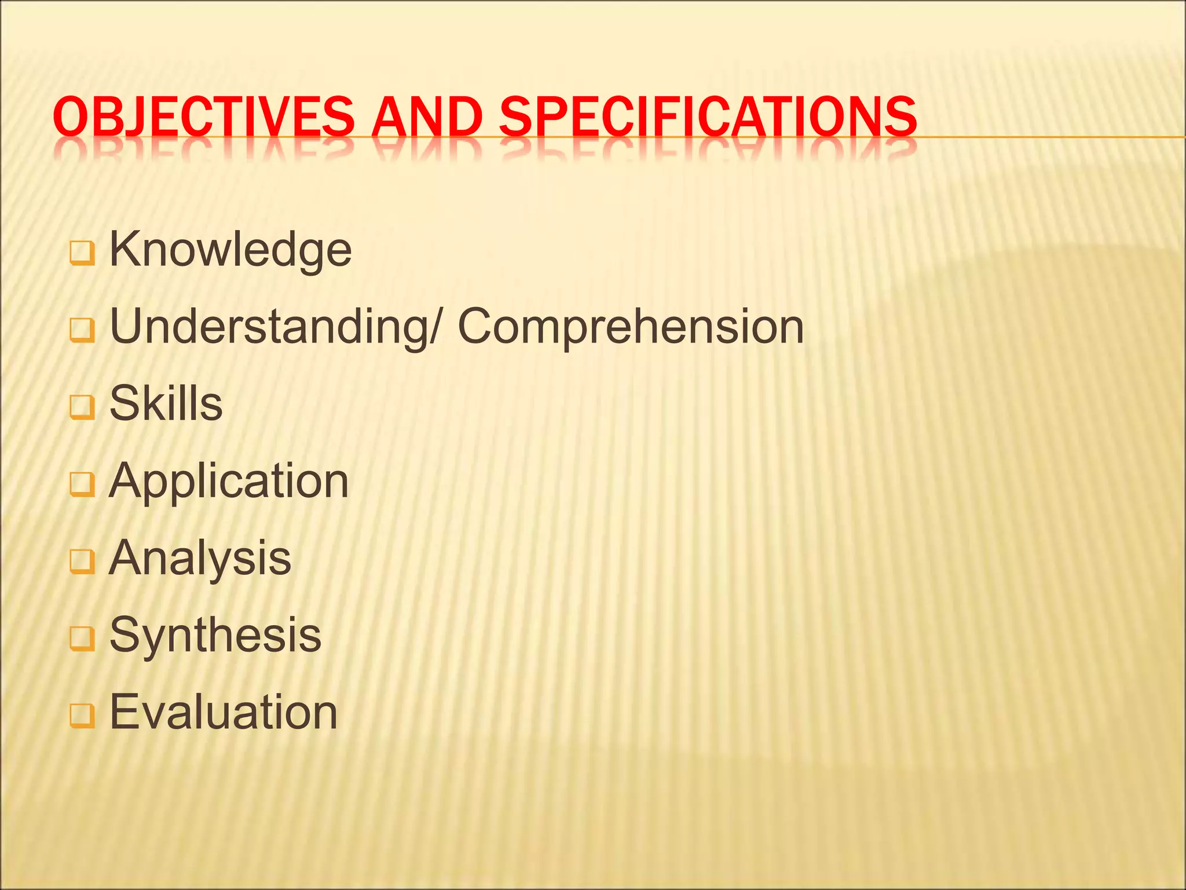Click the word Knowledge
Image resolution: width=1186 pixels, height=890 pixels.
point(230,250)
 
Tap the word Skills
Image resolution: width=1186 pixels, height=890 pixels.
point(166,403)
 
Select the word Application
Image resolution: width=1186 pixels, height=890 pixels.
point(229,481)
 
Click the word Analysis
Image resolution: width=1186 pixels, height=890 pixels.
point(200,557)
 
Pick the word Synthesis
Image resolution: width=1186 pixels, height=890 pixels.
point(215,635)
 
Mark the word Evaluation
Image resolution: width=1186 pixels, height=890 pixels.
point(224,712)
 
